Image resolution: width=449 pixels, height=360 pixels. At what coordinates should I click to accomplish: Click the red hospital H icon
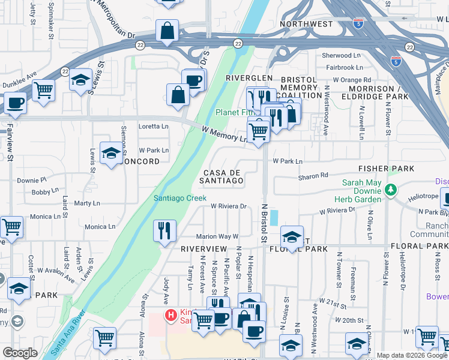pyautogui.click(x=172, y=314)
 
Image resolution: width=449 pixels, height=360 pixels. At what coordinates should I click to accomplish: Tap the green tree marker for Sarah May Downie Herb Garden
pyautogui.click(x=391, y=190)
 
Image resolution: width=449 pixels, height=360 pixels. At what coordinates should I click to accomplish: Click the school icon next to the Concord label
pyautogui.click(x=111, y=155)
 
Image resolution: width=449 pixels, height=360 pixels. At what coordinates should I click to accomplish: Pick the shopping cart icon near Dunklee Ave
pyautogui.click(x=44, y=91)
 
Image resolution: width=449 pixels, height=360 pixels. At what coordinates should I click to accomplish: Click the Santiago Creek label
pyautogui.click(x=180, y=198)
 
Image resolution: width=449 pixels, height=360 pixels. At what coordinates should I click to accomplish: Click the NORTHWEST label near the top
pyautogui.click(x=306, y=24)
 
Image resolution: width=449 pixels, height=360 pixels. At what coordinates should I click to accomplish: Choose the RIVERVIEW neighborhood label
pyautogui.click(x=203, y=248)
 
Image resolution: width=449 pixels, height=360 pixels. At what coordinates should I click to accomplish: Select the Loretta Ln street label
pyautogui.click(x=154, y=127)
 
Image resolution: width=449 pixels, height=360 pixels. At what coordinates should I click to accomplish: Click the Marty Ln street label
pyautogui.click(x=87, y=203)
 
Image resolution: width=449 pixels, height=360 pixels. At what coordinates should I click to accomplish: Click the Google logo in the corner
pyautogui.click(x=20, y=353)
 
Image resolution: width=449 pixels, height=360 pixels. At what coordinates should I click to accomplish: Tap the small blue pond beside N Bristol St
pyautogui.click(x=274, y=217)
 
